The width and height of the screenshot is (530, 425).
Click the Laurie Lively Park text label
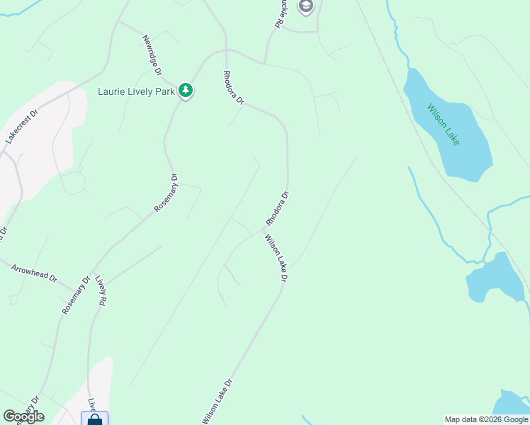[135, 91]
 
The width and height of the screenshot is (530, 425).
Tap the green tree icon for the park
[186, 90]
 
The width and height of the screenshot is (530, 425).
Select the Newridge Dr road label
[152, 55]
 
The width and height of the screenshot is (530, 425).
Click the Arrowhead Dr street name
[34, 273]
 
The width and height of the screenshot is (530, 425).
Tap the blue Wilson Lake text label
[444, 125]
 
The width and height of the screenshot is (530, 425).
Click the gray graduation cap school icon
[306, 7]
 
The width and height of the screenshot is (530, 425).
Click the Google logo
[23, 416]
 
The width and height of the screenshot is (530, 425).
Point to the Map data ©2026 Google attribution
[486, 419]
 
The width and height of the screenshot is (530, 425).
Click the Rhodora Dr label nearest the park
[233, 88]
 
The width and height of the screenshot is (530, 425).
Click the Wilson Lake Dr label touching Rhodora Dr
[276, 258]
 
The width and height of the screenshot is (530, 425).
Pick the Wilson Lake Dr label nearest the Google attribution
[218, 401]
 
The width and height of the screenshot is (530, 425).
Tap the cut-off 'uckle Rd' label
[279, 14]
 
